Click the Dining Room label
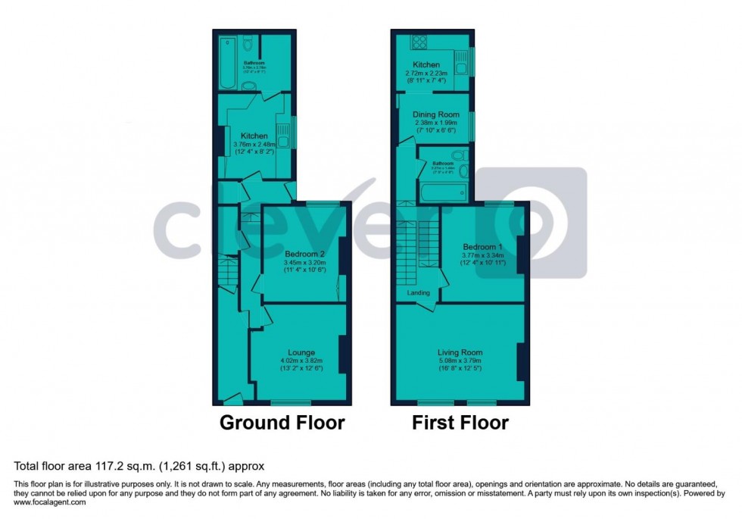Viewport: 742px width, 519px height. [x=437, y=114]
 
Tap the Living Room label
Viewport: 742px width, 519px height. [x=460, y=352]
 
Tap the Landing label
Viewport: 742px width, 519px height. [x=418, y=293]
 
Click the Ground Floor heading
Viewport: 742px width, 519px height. [x=282, y=422]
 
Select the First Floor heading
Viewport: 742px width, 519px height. [x=460, y=422]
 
